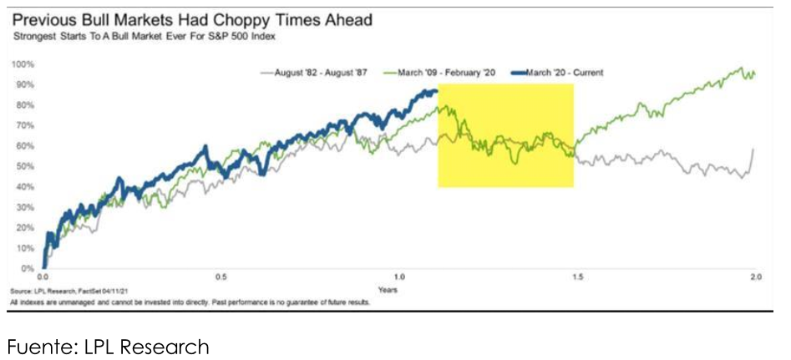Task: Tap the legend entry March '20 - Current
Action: pyautogui.click(x=559, y=73)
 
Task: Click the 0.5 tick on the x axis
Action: pyautogui.click(x=221, y=277)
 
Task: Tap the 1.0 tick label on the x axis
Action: pyautogui.click(x=399, y=277)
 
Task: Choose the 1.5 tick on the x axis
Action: pyautogui.click(x=578, y=277)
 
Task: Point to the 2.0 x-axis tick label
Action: pyautogui.click(x=755, y=277)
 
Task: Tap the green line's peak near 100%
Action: pyautogui.click(x=740, y=68)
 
